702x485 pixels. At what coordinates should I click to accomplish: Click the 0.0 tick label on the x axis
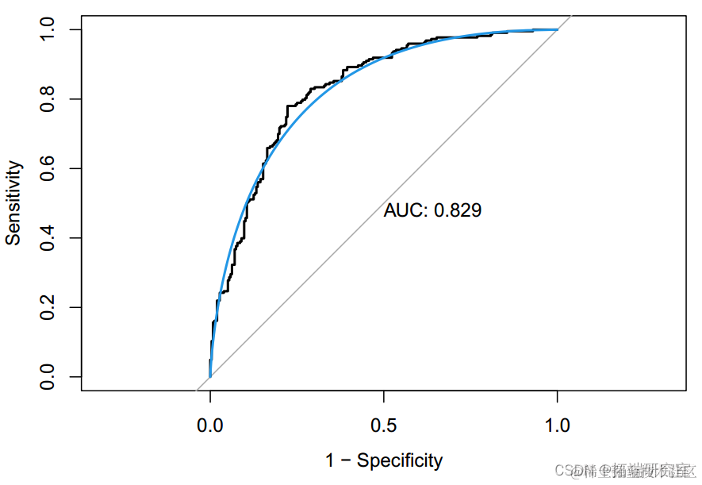(210, 425)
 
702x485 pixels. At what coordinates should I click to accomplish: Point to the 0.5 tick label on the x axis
(384, 425)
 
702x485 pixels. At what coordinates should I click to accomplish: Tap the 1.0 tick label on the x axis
(558, 425)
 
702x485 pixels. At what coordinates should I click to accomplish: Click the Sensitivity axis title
(13, 202)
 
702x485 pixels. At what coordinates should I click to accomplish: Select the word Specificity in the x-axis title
(400, 460)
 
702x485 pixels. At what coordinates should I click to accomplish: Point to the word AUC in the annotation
(405, 211)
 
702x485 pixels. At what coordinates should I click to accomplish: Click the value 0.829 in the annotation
(458, 211)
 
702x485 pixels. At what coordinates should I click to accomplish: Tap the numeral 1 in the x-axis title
(330, 460)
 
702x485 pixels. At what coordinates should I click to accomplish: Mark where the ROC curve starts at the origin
(210, 376)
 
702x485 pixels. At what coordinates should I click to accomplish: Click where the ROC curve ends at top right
(557, 29)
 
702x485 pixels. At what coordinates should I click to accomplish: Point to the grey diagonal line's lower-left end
(196, 390)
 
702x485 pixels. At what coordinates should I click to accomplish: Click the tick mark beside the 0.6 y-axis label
(75, 168)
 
